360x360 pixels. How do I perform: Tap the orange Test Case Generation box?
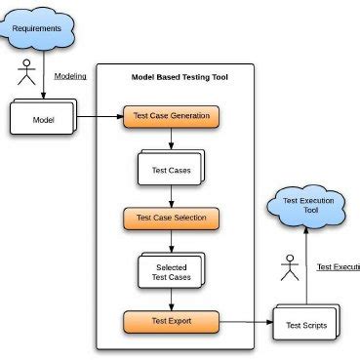point(171,116)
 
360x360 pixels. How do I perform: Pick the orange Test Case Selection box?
point(171,217)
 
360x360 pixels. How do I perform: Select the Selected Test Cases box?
point(170,270)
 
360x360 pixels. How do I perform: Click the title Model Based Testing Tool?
point(180,77)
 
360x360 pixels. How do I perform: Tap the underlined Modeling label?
point(70,76)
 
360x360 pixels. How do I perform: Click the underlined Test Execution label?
point(338,266)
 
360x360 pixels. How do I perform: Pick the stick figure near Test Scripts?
point(288,267)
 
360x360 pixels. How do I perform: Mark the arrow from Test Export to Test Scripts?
point(244,319)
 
